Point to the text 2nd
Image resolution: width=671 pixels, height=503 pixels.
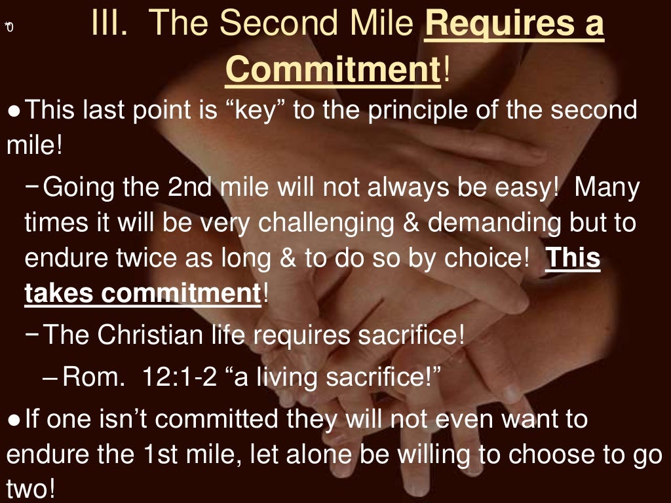190,189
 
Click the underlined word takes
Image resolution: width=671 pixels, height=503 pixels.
59,293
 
